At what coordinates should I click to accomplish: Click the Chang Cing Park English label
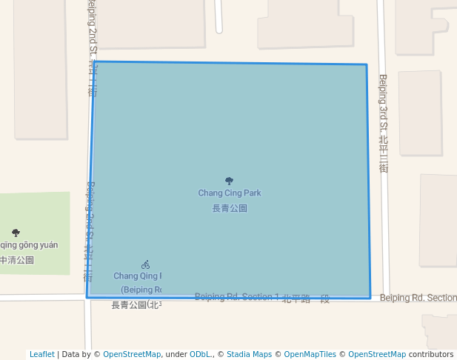coord(229,193)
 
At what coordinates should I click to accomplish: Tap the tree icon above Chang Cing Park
coord(229,181)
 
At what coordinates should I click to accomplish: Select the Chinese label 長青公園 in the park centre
coord(229,209)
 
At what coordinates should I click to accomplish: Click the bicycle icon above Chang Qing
coord(145,264)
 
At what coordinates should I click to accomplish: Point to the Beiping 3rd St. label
coord(383,123)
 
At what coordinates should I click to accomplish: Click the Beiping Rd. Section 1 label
coord(237,297)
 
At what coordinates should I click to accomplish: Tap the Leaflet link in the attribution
coord(41,354)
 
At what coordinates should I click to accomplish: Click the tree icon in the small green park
coord(16,233)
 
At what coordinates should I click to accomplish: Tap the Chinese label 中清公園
coord(16,260)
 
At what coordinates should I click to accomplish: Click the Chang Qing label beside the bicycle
coord(137,276)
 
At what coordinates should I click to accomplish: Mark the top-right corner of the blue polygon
coord(366,65)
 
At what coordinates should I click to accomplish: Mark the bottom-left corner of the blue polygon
coord(87,297)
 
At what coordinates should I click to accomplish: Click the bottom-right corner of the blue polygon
coord(370,299)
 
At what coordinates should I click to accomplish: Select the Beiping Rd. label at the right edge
coord(418,298)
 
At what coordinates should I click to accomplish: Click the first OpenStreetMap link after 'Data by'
coord(132,354)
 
